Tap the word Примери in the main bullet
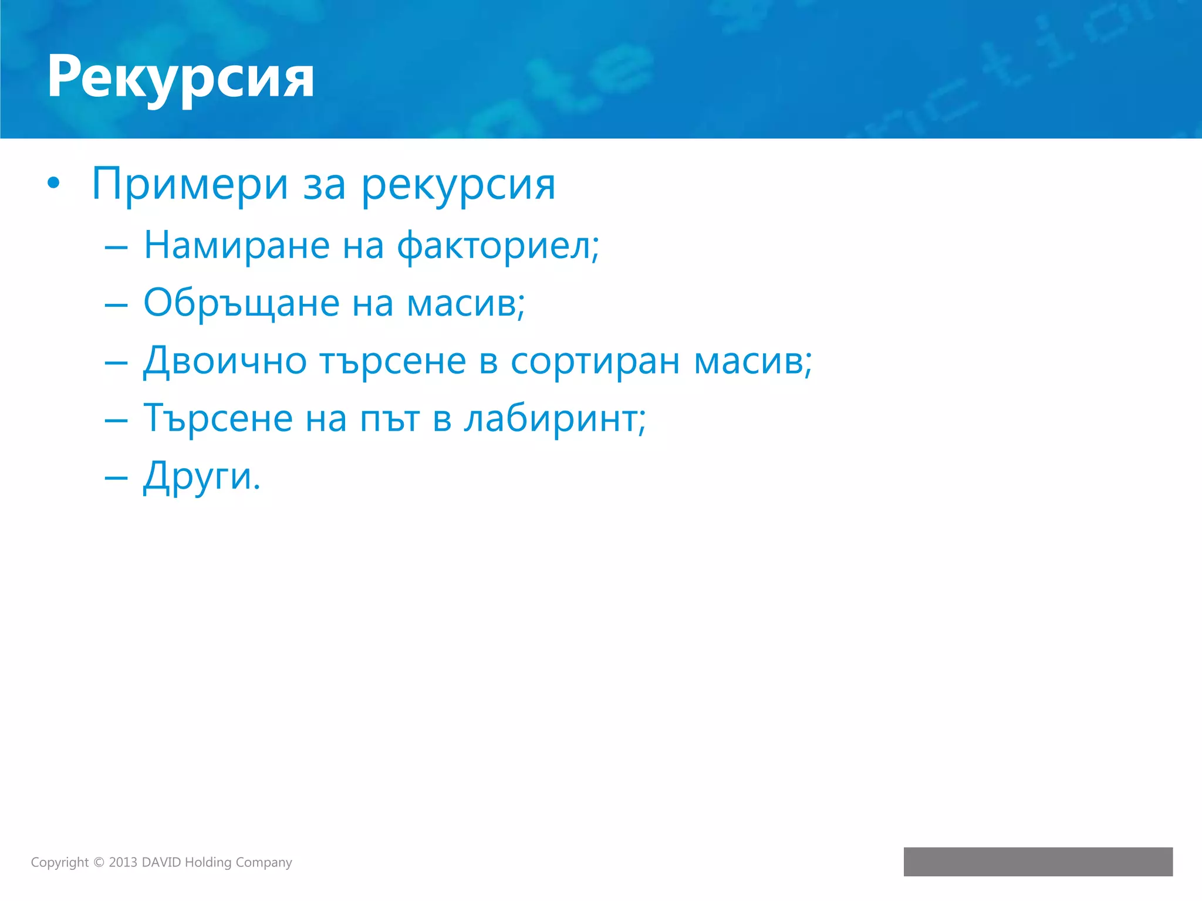click(x=190, y=185)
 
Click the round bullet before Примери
click(x=53, y=184)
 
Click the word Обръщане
click(x=241, y=304)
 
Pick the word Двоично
click(x=225, y=361)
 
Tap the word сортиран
click(x=595, y=361)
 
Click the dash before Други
click(x=116, y=477)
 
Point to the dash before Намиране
click(x=116, y=248)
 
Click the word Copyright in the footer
click(x=59, y=862)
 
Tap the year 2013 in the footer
click(x=123, y=862)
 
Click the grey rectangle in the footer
click(x=1038, y=862)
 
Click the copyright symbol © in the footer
click(x=99, y=862)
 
